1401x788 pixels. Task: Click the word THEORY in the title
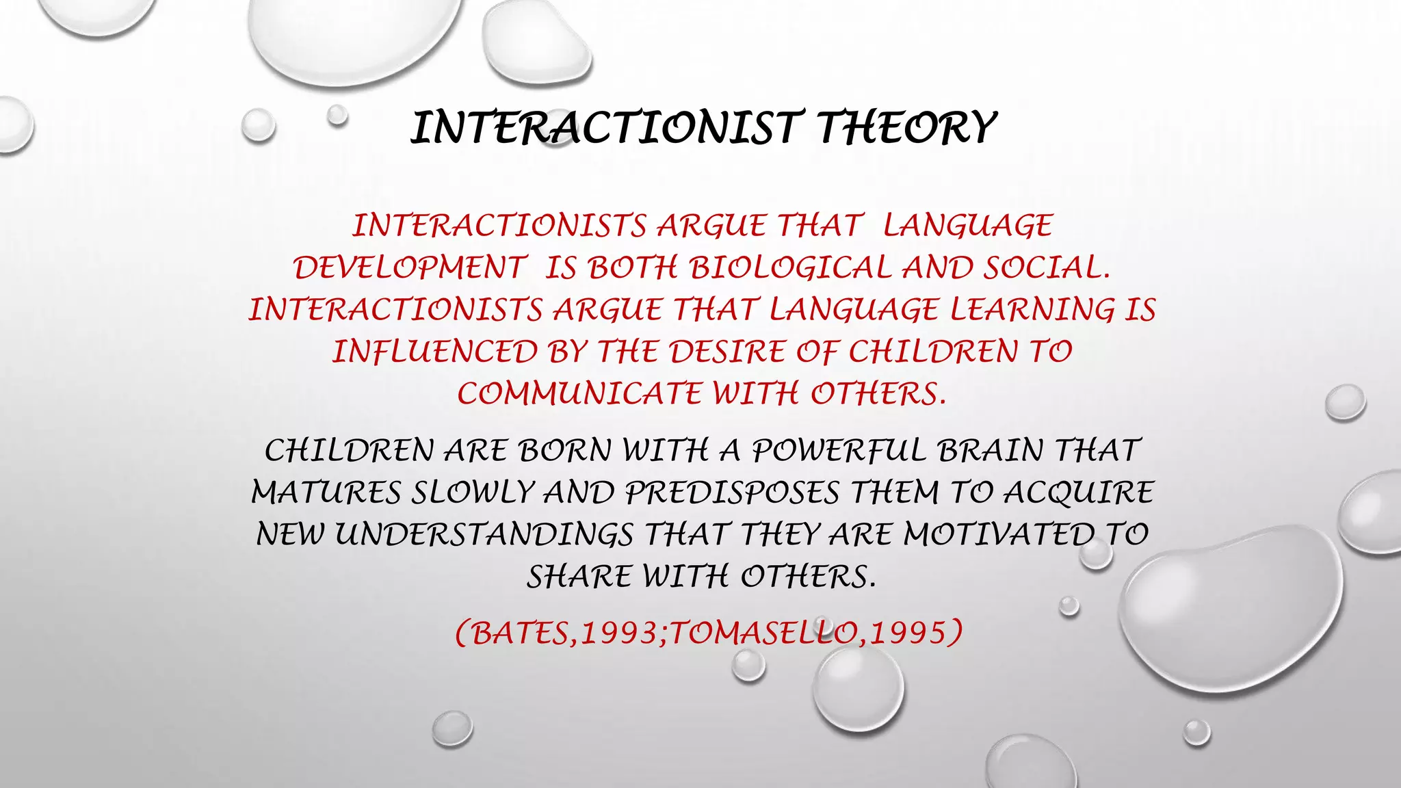click(x=906, y=128)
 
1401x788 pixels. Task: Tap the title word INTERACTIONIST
click(x=603, y=128)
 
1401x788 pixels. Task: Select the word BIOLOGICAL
click(x=791, y=267)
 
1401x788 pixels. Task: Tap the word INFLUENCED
click(x=435, y=352)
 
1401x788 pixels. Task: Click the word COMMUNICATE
click(x=579, y=394)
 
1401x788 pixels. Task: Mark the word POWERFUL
click(x=839, y=451)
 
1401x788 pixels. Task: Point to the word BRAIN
click(x=991, y=451)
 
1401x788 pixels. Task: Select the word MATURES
click(x=326, y=493)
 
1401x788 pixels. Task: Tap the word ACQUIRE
click(x=1079, y=493)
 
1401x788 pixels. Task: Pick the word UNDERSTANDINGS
click(x=484, y=535)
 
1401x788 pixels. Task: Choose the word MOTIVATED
click(x=999, y=535)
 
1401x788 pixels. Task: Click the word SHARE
click(x=579, y=577)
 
